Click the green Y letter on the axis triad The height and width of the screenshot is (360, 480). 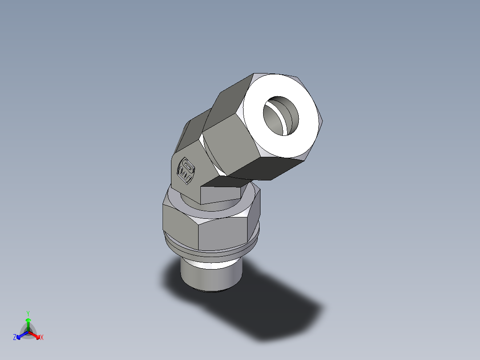28,313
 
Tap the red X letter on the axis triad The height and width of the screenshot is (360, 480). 42,338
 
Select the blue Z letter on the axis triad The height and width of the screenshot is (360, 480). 15,338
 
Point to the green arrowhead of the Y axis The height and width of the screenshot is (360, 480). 28,320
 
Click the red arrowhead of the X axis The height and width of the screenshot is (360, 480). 37,335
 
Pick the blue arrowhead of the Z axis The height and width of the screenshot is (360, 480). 19,336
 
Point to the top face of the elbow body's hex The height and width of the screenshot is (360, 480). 191,129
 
